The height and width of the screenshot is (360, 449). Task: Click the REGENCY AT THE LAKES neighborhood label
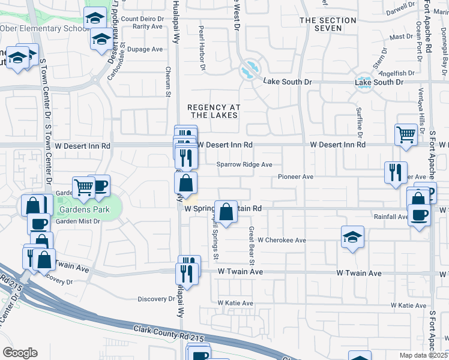pyautogui.click(x=214, y=112)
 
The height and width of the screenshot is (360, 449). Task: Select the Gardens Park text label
pyautogui.click(x=84, y=210)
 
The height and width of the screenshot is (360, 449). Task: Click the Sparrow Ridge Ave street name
pyautogui.click(x=245, y=164)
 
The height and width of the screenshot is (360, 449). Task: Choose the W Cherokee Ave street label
pyautogui.click(x=282, y=240)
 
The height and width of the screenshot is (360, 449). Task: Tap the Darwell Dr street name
pyautogui.click(x=400, y=11)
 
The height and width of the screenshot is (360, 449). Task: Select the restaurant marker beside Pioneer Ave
pyautogui.click(x=396, y=172)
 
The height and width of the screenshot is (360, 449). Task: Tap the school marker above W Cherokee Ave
pyautogui.click(x=352, y=236)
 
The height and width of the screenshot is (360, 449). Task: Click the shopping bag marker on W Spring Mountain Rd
pyautogui.click(x=226, y=212)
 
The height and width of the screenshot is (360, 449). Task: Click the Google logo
pyautogui.click(x=19, y=352)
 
